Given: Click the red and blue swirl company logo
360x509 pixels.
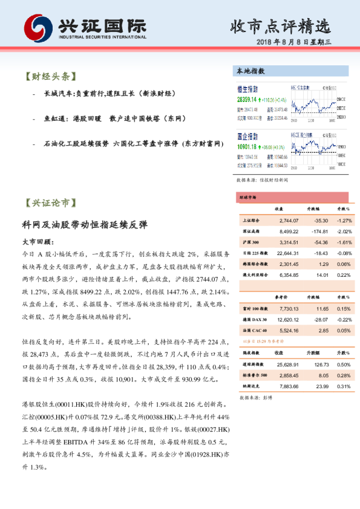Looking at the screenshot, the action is tap(38, 27).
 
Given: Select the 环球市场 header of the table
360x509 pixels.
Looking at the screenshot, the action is tap(249, 197).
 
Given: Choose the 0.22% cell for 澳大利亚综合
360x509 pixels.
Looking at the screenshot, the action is tap(343, 275).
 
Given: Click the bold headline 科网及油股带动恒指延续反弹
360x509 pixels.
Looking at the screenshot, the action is tap(85, 224).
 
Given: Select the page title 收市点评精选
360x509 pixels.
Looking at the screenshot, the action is tap(280, 26).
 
